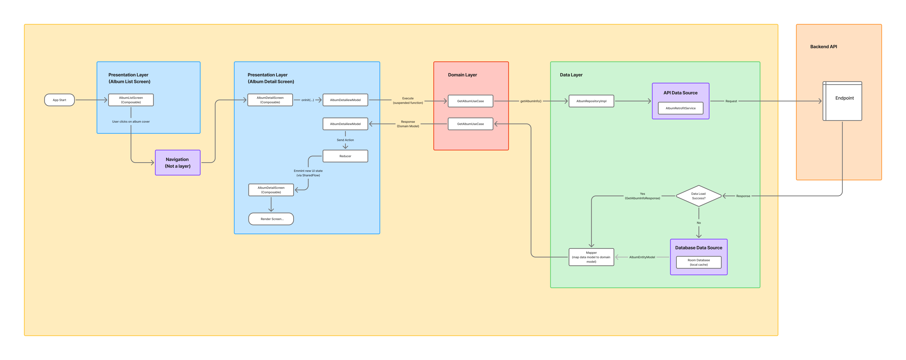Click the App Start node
[x=59, y=100]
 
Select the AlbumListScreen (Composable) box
[x=131, y=100]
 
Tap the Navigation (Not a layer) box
[x=178, y=162]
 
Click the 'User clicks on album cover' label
[x=131, y=122]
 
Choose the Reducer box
[x=345, y=156]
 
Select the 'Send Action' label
[x=345, y=140]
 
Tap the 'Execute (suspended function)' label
[x=408, y=101]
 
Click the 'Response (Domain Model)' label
[x=408, y=124]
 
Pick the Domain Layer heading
[x=463, y=75]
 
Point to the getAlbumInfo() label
[x=531, y=101]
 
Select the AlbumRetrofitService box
[x=681, y=108]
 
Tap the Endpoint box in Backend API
[x=842, y=101]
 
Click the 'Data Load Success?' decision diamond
[x=699, y=196]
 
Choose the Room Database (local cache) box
[x=699, y=262]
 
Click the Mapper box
[x=592, y=257]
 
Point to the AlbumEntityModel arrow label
[x=642, y=257]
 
